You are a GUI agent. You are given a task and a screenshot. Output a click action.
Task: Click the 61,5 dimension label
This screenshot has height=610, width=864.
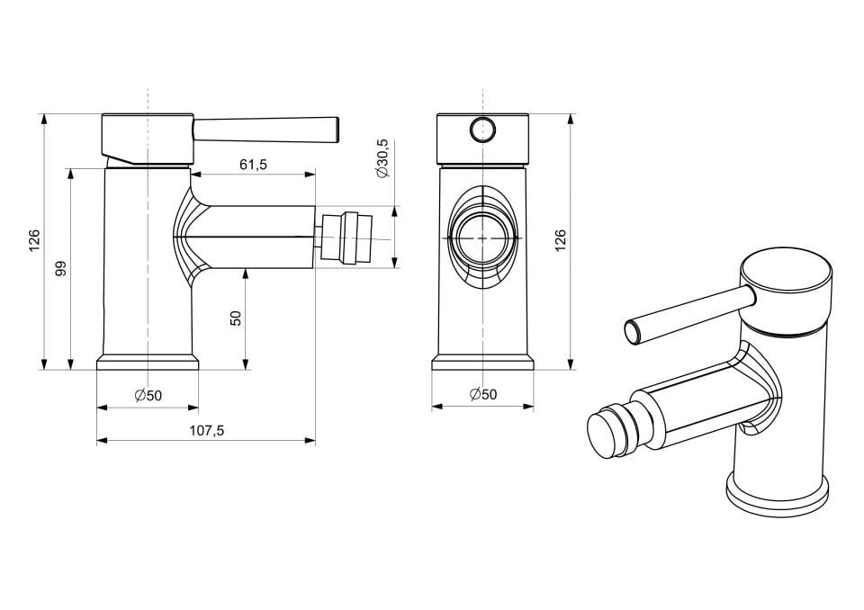(253, 165)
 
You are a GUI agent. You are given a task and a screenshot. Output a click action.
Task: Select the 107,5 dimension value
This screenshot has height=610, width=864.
(206, 431)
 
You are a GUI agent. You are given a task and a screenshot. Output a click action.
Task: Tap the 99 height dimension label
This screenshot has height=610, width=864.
(61, 268)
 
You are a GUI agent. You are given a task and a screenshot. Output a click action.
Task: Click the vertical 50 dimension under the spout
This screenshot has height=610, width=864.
(236, 318)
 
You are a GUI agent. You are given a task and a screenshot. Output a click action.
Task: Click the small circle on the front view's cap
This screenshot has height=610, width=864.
(482, 130)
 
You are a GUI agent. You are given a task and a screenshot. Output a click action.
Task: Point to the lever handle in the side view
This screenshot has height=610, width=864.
(266, 130)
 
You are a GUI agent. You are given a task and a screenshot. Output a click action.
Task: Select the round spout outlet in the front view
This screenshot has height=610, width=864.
(482, 238)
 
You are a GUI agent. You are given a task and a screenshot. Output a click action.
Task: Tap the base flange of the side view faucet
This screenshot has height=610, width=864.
(148, 363)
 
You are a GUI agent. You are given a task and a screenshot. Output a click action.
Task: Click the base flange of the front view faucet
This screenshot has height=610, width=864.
(482, 363)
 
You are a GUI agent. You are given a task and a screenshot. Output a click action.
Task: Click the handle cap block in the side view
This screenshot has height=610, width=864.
(148, 138)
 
